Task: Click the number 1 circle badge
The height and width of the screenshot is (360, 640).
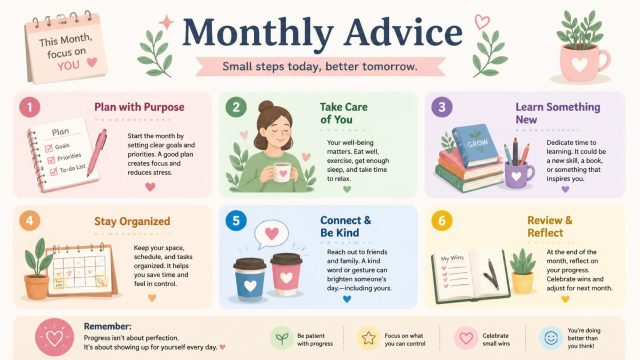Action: tap(29, 107)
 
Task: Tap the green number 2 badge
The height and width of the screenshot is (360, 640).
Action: tap(236, 107)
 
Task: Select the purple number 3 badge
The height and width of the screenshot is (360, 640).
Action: tap(442, 107)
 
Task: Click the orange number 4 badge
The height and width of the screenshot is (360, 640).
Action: tap(29, 221)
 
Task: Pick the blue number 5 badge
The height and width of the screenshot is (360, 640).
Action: tap(236, 221)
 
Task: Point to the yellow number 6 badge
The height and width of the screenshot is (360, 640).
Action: tap(442, 221)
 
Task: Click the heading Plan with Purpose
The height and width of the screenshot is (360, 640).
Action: tap(139, 107)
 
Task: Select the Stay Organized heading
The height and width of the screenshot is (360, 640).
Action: tap(132, 222)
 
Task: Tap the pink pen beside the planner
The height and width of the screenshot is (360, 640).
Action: tap(97, 152)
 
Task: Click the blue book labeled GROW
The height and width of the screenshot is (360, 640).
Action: tap(475, 144)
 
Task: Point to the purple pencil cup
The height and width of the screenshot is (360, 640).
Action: tap(518, 174)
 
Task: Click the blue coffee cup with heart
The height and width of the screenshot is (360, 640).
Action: tap(249, 280)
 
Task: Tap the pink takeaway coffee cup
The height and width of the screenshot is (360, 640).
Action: tap(286, 274)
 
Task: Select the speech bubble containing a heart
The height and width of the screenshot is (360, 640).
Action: tap(271, 235)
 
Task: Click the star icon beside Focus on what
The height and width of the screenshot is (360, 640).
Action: tap(368, 338)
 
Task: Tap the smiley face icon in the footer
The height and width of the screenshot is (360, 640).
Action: tap(551, 338)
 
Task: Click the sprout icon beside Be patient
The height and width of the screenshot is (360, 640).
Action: tap(282, 338)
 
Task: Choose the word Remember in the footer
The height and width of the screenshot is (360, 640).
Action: tap(107, 327)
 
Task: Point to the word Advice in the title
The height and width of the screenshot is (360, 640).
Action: tap(403, 32)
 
